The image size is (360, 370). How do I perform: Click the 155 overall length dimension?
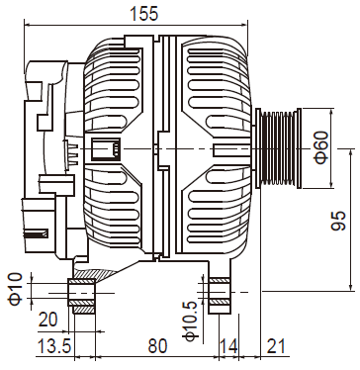point(144,14)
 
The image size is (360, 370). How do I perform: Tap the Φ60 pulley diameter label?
point(321,147)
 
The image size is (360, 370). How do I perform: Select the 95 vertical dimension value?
point(338,221)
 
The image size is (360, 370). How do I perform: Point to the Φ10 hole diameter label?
point(16,289)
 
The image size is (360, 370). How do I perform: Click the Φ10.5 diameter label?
point(191,321)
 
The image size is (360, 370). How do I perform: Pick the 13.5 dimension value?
point(54,346)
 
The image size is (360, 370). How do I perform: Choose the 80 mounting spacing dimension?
point(157,346)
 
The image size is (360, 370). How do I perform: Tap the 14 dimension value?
point(228,346)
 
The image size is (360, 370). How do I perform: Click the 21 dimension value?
point(275,346)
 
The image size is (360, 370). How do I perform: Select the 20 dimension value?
point(48,320)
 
